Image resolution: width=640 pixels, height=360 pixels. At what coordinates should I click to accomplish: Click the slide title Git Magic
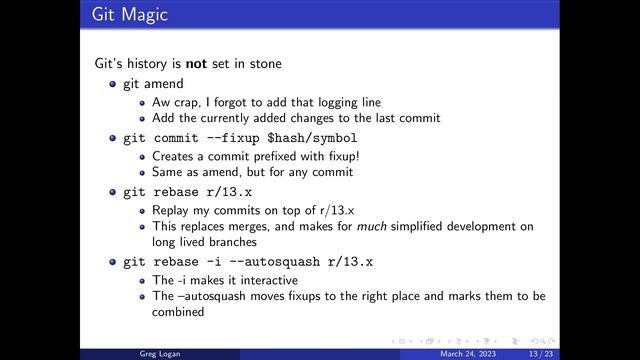coord(129,15)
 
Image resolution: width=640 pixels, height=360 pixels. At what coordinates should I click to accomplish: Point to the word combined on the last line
coord(178,312)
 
